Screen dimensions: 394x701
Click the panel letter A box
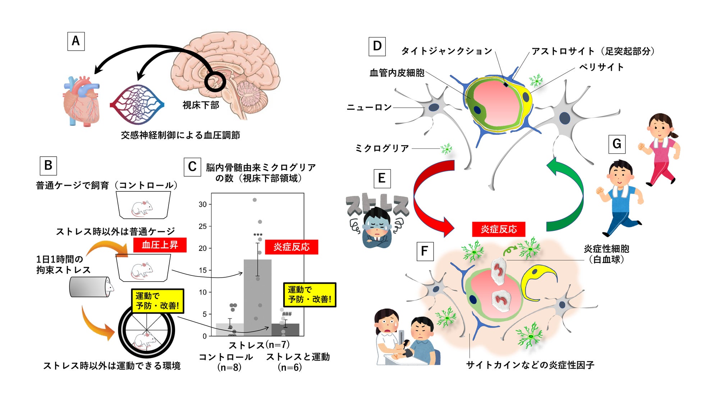76,41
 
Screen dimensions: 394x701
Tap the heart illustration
81,101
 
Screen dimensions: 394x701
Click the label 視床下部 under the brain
201,105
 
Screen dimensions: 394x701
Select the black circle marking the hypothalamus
215,82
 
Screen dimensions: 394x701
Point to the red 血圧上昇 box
160,245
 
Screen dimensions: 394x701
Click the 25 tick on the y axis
203,226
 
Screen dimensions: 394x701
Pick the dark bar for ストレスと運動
285,330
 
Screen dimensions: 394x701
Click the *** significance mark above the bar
258,235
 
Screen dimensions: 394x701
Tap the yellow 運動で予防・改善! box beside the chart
310,295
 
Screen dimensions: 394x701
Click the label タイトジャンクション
446,51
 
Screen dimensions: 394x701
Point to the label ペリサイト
601,67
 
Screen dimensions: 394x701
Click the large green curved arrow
566,196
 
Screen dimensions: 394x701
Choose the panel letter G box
617,144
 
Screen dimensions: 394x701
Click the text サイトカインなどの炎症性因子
530,365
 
